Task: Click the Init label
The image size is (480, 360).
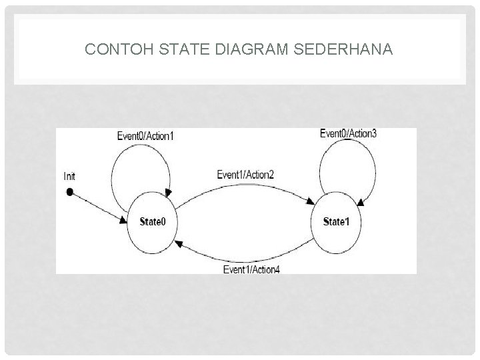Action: (x=69, y=176)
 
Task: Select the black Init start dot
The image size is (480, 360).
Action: (x=69, y=192)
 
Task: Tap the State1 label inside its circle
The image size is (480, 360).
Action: (x=336, y=221)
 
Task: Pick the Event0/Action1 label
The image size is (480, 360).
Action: (x=145, y=136)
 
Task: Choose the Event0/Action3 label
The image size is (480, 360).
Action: (x=348, y=133)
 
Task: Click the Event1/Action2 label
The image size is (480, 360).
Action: (x=245, y=175)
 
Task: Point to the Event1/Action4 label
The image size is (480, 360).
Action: (x=251, y=269)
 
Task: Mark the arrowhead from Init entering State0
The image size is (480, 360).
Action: (x=125, y=220)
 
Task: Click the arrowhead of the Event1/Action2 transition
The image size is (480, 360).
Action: (x=313, y=201)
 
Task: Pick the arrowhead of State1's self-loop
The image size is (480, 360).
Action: (x=359, y=201)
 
